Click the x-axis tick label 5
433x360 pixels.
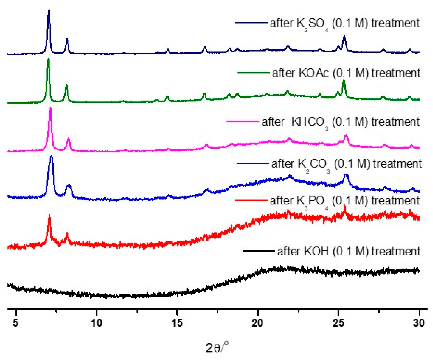tap(16, 323)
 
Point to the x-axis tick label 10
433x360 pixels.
tap(96, 323)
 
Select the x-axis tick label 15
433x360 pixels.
tap(177, 323)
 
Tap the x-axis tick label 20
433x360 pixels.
tap(257, 323)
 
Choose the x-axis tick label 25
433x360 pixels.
tap(338, 323)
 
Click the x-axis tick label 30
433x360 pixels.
tap(419, 323)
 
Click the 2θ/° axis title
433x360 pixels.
tap(217, 347)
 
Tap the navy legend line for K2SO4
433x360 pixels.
tap(251, 23)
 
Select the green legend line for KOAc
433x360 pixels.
tap(253, 73)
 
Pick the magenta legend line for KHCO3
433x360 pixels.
tap(243, 121)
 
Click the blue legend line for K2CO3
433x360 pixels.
tap(252, 163)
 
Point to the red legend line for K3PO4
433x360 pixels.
tap(251, 200)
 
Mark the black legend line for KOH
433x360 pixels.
tap(258, 251)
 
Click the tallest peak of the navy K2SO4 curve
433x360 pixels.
tap(49, 11)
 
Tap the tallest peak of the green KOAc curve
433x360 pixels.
tap(48, 60)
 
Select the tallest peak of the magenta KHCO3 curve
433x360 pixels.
tap(50, 108)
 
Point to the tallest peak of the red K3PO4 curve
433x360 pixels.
tap(49, 216)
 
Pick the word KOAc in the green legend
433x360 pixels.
tap(314, 73)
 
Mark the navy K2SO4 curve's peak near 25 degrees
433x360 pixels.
tap(344, 37)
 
